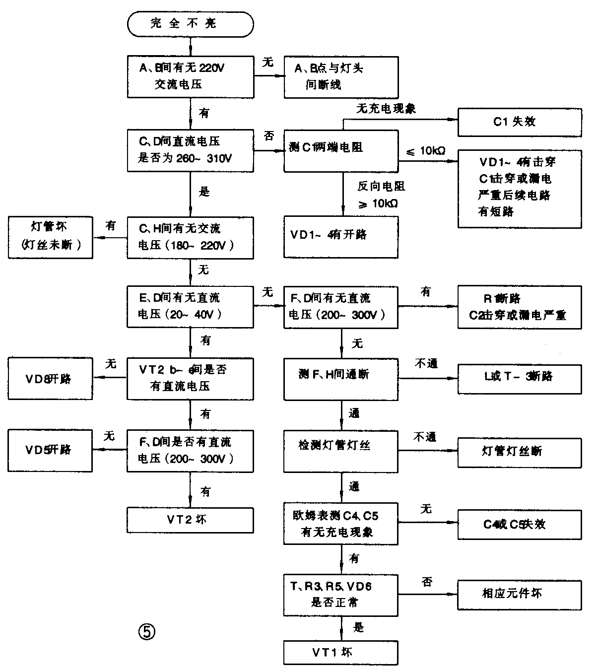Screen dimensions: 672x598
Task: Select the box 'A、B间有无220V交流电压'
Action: [x=190, y=76]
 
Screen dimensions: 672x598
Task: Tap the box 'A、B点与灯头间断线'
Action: [x=340, y=77]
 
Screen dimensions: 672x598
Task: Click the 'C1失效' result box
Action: [x=519, y=122]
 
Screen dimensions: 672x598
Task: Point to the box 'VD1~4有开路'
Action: [x=340, y=236]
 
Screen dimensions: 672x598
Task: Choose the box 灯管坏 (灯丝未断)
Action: [x=50, y=237]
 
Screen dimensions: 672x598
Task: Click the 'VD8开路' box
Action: [x=50, y=379]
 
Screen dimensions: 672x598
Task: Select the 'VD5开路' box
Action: [x=50, y=450]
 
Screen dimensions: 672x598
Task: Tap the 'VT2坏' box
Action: [x=190, y=520]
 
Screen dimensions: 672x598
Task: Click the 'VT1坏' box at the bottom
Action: [x=340, y=653]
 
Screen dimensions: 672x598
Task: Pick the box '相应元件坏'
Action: [x=519, y=594]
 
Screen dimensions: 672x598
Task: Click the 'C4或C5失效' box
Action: [x=519, y=525]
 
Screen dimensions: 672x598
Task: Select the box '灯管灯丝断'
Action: [x=519, y=452]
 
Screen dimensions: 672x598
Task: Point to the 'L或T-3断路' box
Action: [x=519, y=379]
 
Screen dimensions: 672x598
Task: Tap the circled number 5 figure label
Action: [x=146, y=632]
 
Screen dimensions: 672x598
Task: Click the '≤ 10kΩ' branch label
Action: [x=426, y=151]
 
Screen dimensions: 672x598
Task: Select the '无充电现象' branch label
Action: [x=386, y=109]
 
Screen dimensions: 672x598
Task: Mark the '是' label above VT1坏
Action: [x=358, y=628]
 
